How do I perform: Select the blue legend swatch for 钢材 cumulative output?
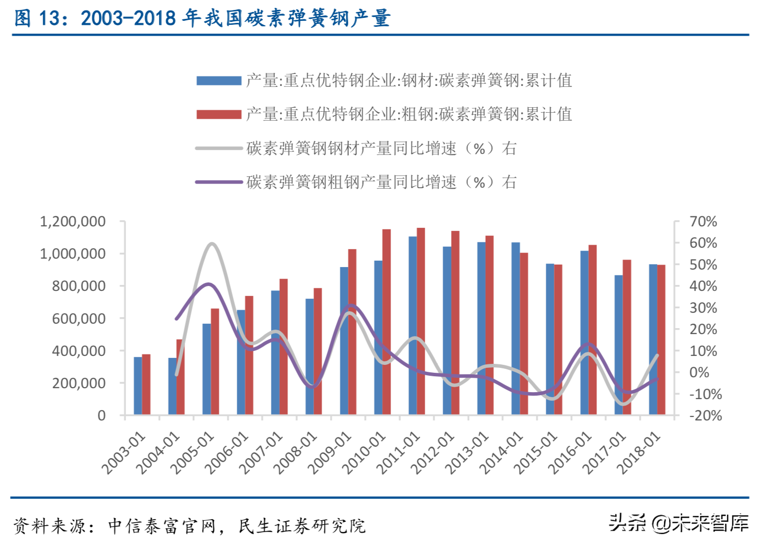click(x=219, y=80)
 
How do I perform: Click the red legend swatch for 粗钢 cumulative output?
click(x=219, y=115)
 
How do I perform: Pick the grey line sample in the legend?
click(x=219, y=148)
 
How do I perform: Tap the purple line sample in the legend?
click(x=219, y=182)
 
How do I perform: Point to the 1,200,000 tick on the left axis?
click(x=72, y=221)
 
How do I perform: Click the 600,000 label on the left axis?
click(x=78, y=319)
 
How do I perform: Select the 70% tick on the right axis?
click(x=703, y=221)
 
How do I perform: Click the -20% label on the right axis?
click(x=705, y=415)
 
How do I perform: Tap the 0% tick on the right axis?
click(x=699, y=372)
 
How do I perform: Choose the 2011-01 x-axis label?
click(x=398, y=452)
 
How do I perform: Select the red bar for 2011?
click(x=421, y=321)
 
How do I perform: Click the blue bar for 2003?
click(x=137, y=386)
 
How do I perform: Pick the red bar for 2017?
click(x=627, y=337)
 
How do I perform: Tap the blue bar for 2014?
click(x=515, y=329)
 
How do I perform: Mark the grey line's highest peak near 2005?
click(x=212, y=243)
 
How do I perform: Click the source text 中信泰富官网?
click(x=162, y=526)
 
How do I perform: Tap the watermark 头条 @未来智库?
click(x=679, y=523)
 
